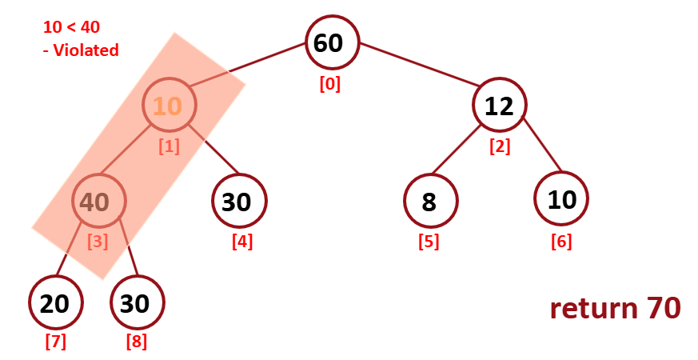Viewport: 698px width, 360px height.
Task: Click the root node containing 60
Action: pos(332,43)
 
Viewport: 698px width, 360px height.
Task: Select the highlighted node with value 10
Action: pos(169,106)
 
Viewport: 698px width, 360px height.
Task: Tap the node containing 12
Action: pos(499,106)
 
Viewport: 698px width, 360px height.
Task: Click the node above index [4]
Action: pos(238,202)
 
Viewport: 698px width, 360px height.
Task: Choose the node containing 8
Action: pos(430,202)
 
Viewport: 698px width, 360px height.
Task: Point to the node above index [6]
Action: pos(561,200)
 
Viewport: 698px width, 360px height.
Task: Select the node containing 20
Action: pos(55,302)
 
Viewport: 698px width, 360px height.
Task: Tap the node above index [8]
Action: pos(137,302)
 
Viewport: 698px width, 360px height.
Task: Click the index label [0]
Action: pos(329,84)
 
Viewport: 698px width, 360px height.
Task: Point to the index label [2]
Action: pos(500,146)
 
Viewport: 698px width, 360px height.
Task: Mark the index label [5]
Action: pos(429,241)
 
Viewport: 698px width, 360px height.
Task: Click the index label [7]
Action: pos(55,342)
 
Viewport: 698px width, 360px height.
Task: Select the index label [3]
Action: pos(98,241)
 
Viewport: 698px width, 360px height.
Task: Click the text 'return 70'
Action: pos(615,308)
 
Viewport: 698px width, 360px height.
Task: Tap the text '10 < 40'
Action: pos(71,26)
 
